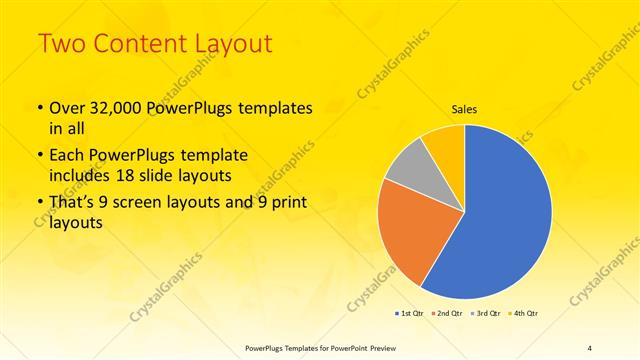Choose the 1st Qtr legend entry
point(409,314)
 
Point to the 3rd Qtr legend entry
point(485,314)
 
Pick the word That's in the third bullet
point(75,204)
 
